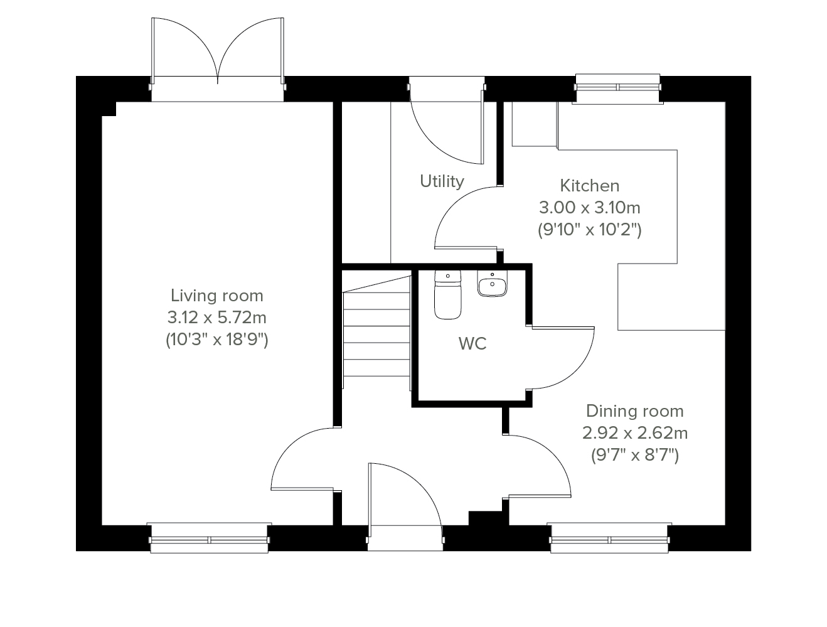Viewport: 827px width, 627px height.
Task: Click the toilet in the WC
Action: [447, 294]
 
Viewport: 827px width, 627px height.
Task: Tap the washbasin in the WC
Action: [492, 284]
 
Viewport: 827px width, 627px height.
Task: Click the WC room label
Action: [472, 343]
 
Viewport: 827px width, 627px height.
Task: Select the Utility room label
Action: [442, 181]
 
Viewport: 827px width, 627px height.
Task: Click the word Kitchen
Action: [590, 186]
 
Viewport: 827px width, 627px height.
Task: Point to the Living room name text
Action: [217, 296]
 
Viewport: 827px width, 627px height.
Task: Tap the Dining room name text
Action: [635, 411]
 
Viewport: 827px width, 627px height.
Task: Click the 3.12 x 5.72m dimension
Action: [217, 318]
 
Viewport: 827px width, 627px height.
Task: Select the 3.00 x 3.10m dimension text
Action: [590, 208]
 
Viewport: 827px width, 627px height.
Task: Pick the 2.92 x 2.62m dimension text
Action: [635, 433]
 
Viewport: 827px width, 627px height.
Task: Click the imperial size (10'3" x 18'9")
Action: [217, 340]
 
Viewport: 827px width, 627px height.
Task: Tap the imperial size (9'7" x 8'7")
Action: [635, 455]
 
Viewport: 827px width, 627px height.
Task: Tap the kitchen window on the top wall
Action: [617, 88]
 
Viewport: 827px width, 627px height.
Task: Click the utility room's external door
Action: [447, 121]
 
